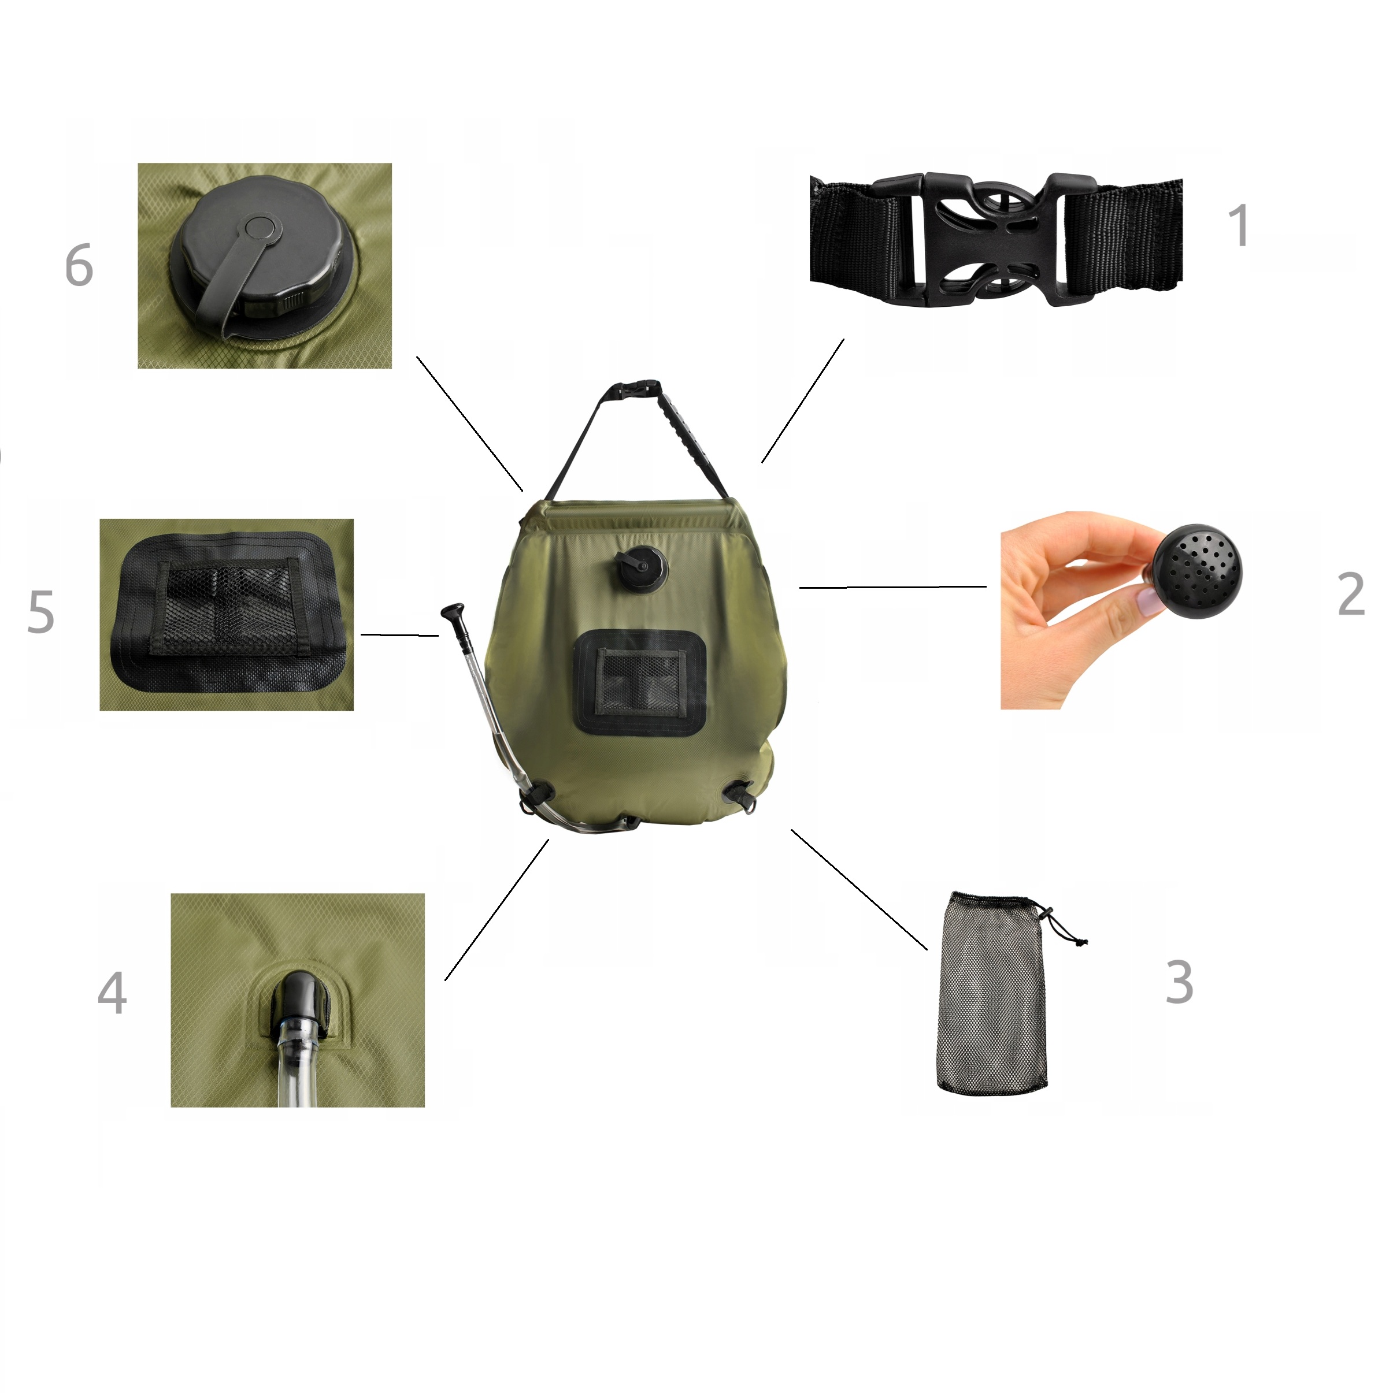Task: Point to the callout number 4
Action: pos(113,993)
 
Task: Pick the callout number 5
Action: pos(40,612)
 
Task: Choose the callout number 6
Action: pos(79,265)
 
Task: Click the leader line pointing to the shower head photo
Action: pos(893,588)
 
